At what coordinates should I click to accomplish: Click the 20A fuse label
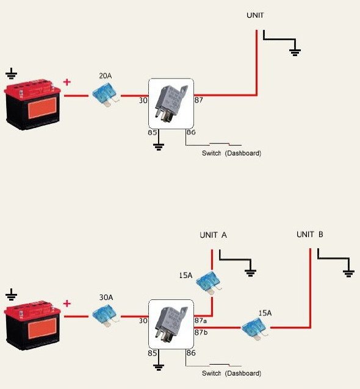[106, 76]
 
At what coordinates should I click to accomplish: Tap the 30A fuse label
[106, 297]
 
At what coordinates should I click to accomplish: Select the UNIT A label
[214, 235]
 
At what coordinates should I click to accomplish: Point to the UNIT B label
[310, 234]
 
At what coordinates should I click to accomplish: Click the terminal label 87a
[201, 321]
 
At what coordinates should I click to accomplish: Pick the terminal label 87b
[201, 332]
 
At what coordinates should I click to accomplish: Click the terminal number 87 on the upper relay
[199, 100]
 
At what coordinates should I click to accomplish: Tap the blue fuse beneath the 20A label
[106, 95]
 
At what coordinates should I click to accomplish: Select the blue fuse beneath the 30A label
[106, 316]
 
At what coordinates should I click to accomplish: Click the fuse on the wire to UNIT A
[209, 283]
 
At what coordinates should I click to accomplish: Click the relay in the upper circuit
[171, 104]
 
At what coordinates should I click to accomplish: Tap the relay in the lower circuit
[171, 324]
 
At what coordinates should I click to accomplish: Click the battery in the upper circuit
[32, 104]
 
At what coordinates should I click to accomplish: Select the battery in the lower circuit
[32, 325]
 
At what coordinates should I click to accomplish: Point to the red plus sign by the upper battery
[67, 82]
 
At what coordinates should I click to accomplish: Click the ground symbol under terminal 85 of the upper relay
[159, 147]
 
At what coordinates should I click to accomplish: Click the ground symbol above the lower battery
[11, 294]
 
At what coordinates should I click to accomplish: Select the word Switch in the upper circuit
[212, 153]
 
